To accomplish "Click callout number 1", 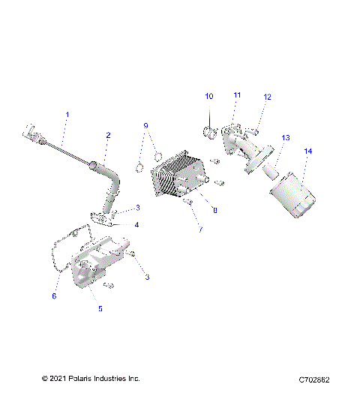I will point(67,115).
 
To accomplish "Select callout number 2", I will point(108,136).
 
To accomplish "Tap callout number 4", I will point(136,224).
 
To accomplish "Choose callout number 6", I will point(54,296).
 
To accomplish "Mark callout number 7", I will point(200,229).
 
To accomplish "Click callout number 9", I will point(146,125).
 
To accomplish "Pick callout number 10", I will point(209,97).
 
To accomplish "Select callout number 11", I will point(237,95).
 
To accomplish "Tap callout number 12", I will point(267,97).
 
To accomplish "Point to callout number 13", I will point(285,138).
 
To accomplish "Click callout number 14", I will point(307,152).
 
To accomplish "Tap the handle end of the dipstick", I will point(32,134).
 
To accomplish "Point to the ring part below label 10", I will point(209,133).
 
